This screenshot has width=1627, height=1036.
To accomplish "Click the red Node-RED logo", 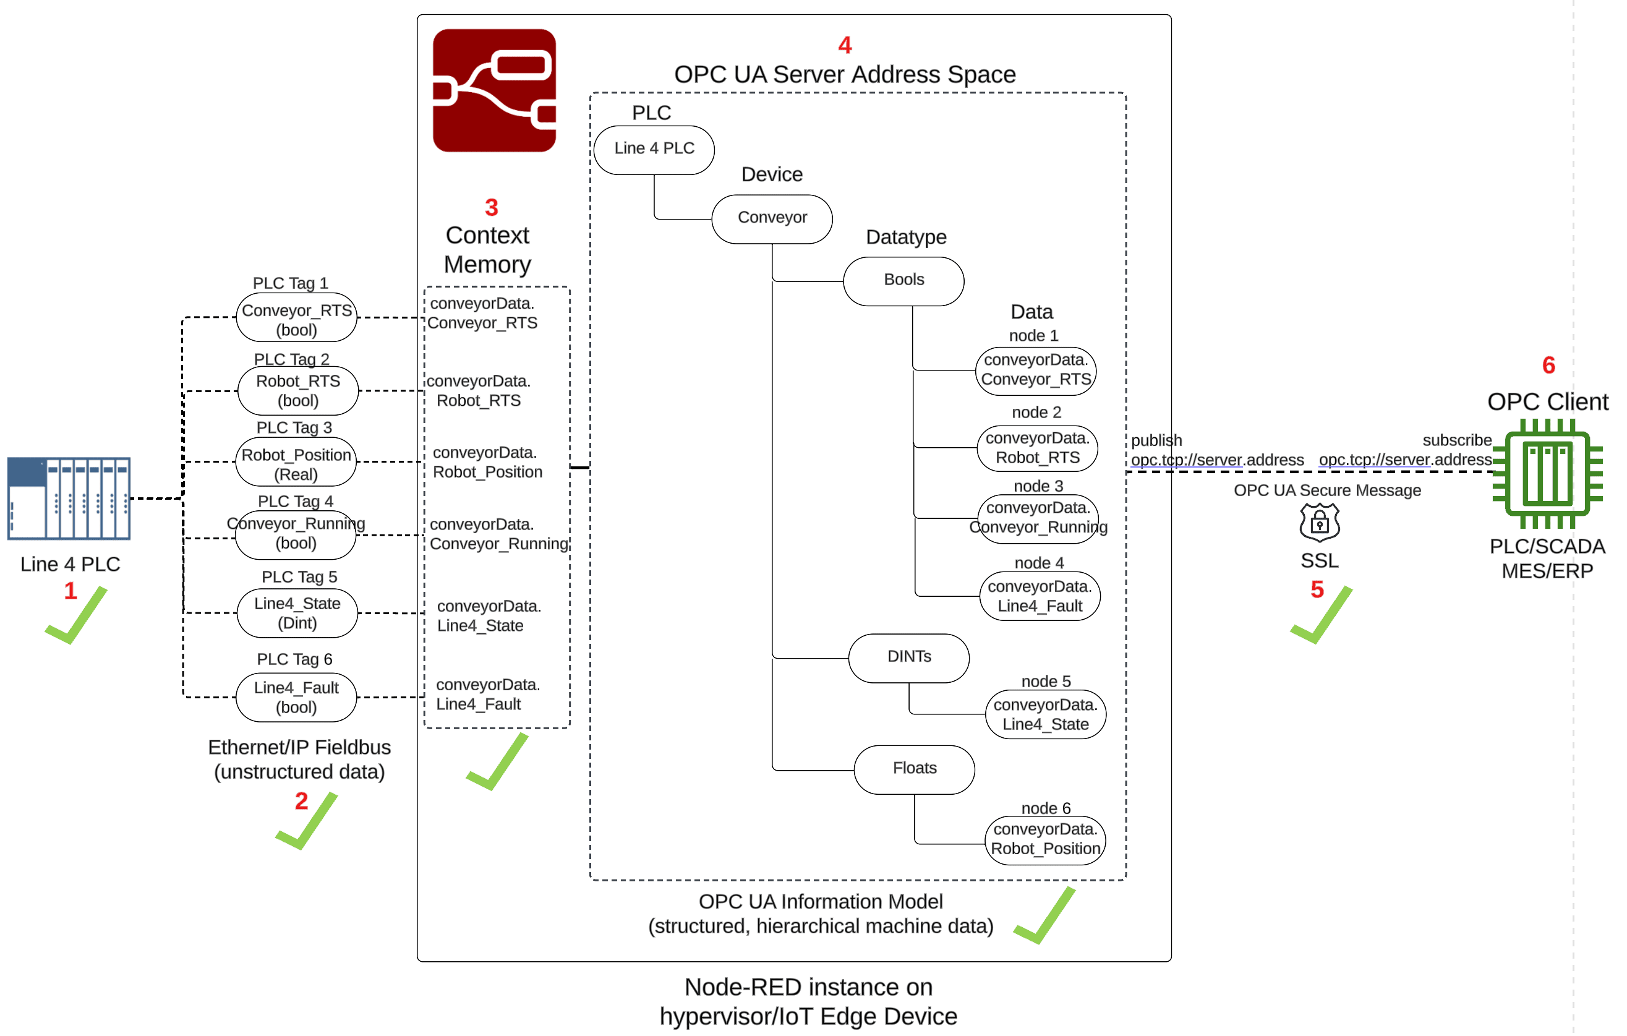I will coord(494,90).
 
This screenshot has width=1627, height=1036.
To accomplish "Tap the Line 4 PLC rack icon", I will coord(68,498).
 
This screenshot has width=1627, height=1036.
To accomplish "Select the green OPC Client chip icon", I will coord(1547,473).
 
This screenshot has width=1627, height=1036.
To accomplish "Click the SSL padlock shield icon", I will coord(1319,523).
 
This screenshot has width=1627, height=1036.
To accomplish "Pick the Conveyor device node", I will coord(772,218).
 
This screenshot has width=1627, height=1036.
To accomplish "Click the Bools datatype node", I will coord(903,280).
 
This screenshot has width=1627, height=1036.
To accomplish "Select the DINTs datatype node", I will coord(909,657).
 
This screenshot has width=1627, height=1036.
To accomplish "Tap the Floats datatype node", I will coord(914,768).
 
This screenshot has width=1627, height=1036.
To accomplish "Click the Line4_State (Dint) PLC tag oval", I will coord(297,613).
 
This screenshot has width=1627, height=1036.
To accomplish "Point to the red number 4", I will coord(845,45).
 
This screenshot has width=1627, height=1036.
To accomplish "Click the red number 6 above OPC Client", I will coord(1548,365).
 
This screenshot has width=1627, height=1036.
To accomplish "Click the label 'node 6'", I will coord(1045,808).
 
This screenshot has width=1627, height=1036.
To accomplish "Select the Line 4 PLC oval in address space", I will coord(654,148).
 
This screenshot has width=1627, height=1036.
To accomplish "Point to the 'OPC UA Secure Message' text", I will coord(1326,490).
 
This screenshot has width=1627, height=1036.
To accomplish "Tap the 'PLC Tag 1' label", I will coord(290,283).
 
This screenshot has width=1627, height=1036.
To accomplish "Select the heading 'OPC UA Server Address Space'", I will coord(845,74).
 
